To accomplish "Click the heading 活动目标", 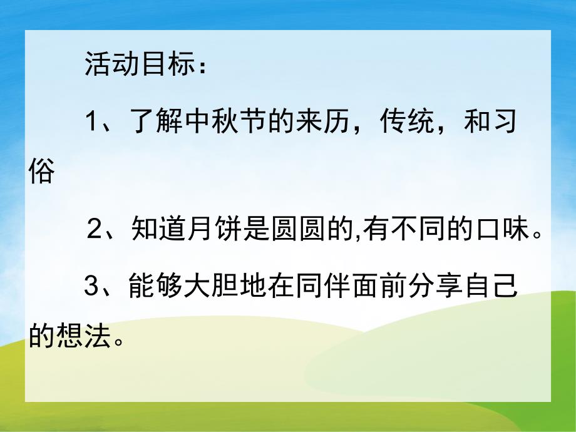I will pyautogui.click(x=135, y=66).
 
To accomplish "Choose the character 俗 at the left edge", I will pyautogui.click(x=42, y=172).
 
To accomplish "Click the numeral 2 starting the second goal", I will pyautogui.click(x=95, y=231).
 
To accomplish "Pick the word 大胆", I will pyautogui.click(x=202, y=287).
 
